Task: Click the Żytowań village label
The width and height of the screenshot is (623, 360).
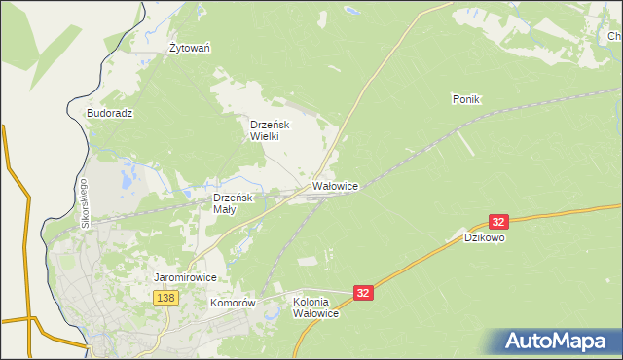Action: (x=190, y=48)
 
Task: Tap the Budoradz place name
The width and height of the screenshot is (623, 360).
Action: (x=109, y=113)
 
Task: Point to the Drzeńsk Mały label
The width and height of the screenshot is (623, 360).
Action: (x=233, y=203)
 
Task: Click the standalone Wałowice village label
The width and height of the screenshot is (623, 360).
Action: (x=335, y=185)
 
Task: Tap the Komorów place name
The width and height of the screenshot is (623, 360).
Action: (x=233, y=303)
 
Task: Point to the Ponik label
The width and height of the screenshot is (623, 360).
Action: (x=467, y=99)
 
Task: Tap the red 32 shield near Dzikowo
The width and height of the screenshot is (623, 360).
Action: (x=498, y=222)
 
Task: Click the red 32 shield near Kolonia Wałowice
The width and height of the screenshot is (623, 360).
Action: (x=362, y=292)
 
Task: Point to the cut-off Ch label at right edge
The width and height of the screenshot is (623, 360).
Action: (x=614, y=37)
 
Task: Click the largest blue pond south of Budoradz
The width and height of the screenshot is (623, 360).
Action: (x=125, y=178)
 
